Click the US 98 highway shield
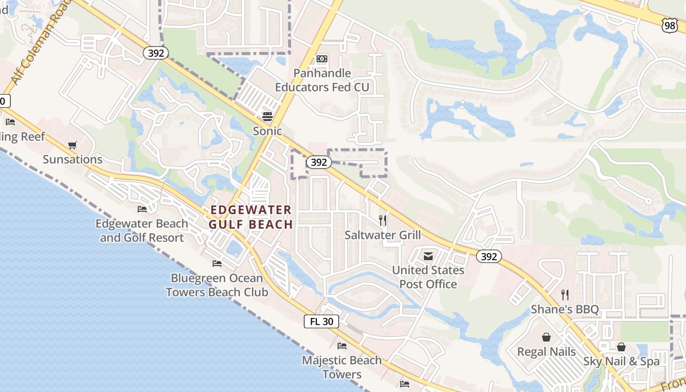[x=669, y=25]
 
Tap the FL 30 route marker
[x=321, y=321]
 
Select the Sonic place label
[x=268, y=131]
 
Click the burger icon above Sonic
[x=268, y=117]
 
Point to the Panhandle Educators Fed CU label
[x=322, y=80]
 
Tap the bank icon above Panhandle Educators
[x=322, y=59]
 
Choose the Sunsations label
[x=73, y=159]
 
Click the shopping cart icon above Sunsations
[x=73, y=145]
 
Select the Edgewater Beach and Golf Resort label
[x=142, y=231]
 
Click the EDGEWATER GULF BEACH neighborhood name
[x=251, y=217]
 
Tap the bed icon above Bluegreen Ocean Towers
[x=217, y=264]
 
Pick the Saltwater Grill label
[x=383, y=235]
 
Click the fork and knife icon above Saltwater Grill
[x=383, y=220]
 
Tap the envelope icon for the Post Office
[x=428, y=256]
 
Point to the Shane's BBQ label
[x=565, y=309]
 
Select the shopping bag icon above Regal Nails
[x=546, y=337]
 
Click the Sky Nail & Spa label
[x=621, y=362]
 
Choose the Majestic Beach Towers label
[x=342, y=367]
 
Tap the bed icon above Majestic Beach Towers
[x=342, y=346]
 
